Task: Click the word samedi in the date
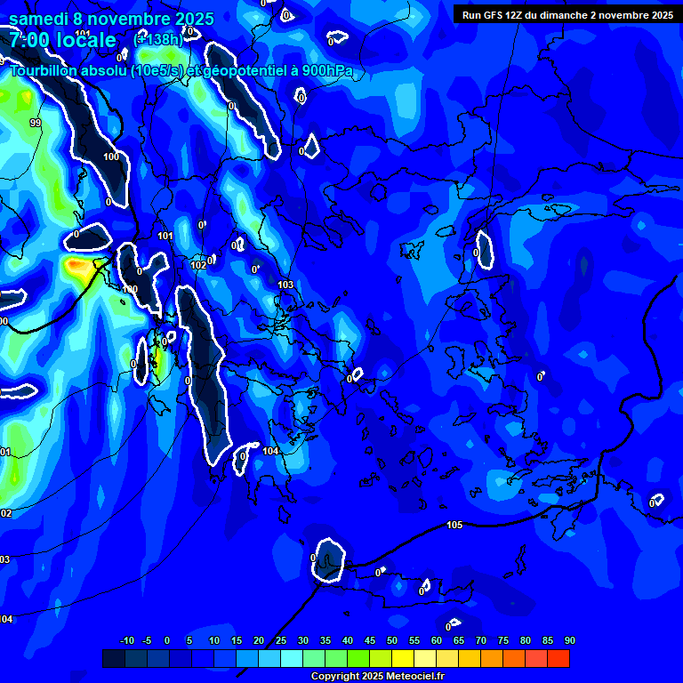pyautogui.click(x=39, y=19)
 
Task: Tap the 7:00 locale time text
pyautogui.click(x=62, y=40)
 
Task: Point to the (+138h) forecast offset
pyautogui.click(x=158, y=39)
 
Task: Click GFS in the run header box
pyautogui.click(x=496, y=15)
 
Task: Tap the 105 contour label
pyautogui.click(x=454, y=526)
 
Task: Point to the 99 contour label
pyautogui.click(x=35, y=123)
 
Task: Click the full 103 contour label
pyautogui.click(x=285, y=285)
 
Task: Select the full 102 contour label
pyautogui.click(x=198, y=265)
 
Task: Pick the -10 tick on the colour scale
pyautogui.click(x=126, y=641)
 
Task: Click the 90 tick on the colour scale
pyautogui.click(x=569, y=641)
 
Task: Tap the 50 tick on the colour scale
pyautogui.click(x=391, y=641)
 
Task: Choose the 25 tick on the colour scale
pyautogui.click(x=280, y=641)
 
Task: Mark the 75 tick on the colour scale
pyautogui.click(x=502, y=641)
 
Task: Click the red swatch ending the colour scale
pyautogui.click(x=558, y=658)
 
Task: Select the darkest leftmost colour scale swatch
pyautogui.click(x=114, y=658)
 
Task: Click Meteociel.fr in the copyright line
pyautogui.click(x=409, y=677)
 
